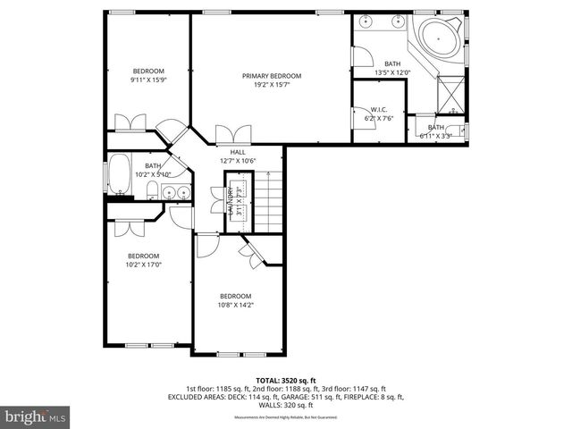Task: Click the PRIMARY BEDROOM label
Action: pyautogui.click(x=272, y=76)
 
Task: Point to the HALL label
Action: pyautogui.click(x=238, y=152)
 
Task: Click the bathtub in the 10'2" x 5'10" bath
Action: pyautogui.click(x=119, y=176)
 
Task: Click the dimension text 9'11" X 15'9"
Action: pyautogui.click(x=149, y=80)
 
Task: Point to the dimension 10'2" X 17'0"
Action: pyautogui.click(x=143, y=265)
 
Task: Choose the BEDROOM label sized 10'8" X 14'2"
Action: pyautogui.click(x=236, y=296)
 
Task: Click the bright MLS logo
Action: pyautogui.click(x=36, y=416)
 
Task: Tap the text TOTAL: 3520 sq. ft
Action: pyautogui.click(x=285, y=380)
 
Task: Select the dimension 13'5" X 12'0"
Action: pyautogui.click(x=392, y=72)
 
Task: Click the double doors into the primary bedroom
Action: pyautogui.click(x=229, y=135)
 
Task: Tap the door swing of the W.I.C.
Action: pyautogui.click(x=360, y=114)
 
